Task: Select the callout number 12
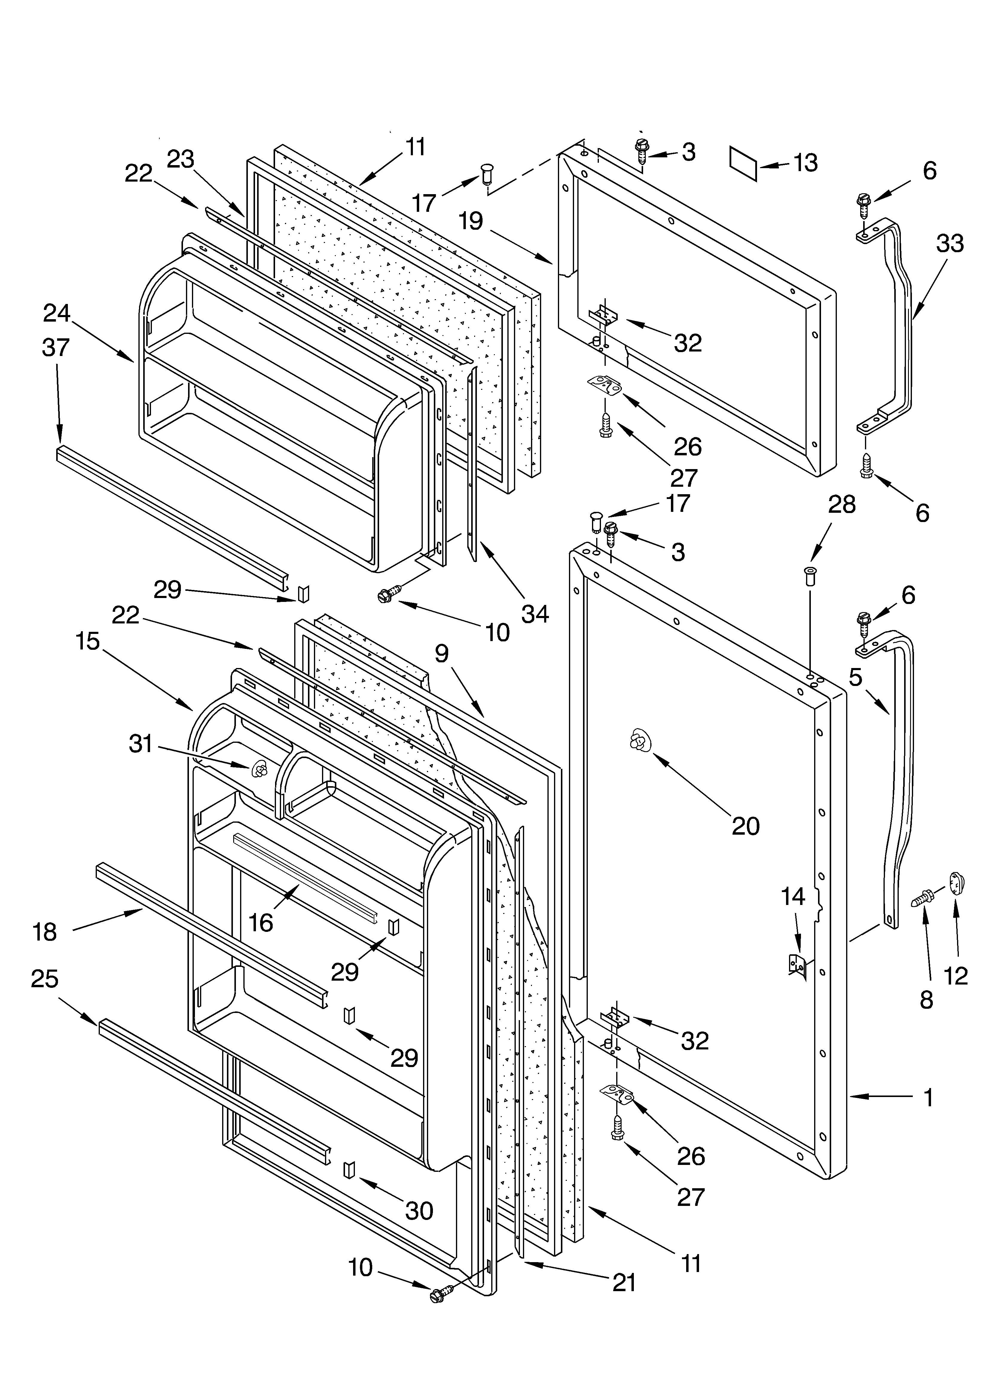point(956,976)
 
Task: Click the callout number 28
point(842,504)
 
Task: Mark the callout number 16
point(261,923)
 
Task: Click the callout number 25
point(45,979)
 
